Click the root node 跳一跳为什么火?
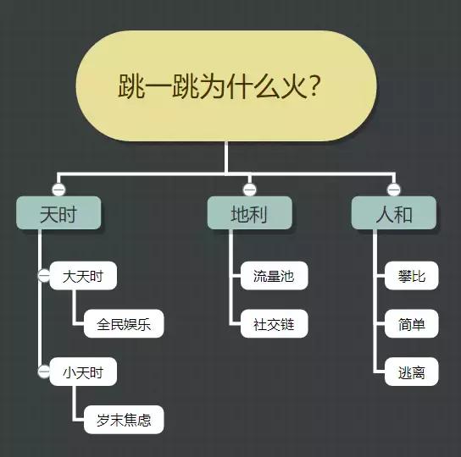tap(225, 85)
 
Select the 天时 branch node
tap(58, 214)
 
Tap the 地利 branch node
tap(249, 214)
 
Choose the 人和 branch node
tap(393, 214)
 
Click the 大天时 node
tap(83, 276)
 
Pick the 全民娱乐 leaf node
tap(124, 324)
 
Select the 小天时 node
tap(83, 372)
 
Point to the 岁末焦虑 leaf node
tap(124, 420)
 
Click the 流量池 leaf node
tap(273, 276)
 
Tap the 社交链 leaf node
tap(273, 324)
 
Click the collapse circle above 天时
tap(58, 189)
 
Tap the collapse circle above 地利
tap(249, 189)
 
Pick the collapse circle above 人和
tap(393, 189)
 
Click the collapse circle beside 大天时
tap(43, 276)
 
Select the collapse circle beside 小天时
tap(43, 372)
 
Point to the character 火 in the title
tap(289, 86)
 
